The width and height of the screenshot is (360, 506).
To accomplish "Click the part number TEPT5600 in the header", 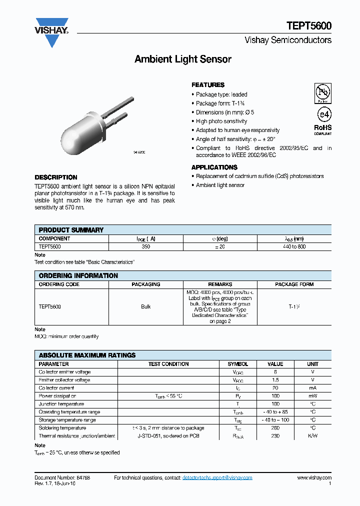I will point(309,26).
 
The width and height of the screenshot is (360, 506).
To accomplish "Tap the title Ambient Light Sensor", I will point(183,59).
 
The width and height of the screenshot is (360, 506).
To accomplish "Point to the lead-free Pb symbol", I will point(322,92).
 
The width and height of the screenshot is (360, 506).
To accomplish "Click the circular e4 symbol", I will point(323,114).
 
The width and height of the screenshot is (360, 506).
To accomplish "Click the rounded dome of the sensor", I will point(70,134).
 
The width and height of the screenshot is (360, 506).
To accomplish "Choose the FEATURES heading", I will point(208,85).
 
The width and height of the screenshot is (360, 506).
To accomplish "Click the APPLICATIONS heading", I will point(214,167).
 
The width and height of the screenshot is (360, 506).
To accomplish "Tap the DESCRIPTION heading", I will point(56,177).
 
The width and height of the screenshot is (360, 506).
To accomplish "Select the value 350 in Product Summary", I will point(146,246).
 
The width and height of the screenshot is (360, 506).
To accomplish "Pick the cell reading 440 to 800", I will point(294,246).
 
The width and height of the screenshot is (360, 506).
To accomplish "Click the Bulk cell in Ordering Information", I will point(146,306).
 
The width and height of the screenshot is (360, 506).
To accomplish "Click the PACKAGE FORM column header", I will point(294,284).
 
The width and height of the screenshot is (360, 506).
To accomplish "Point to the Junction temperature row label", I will point(61,404).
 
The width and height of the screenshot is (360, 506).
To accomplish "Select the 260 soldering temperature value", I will point(275,428).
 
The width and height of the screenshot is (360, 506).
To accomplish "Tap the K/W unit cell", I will point(312,436).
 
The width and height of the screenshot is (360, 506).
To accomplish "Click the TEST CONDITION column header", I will point(168,364).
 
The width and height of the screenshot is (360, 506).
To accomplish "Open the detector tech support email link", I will point(216,478).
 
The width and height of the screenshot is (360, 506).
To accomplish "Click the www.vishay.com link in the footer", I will point(314,478).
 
